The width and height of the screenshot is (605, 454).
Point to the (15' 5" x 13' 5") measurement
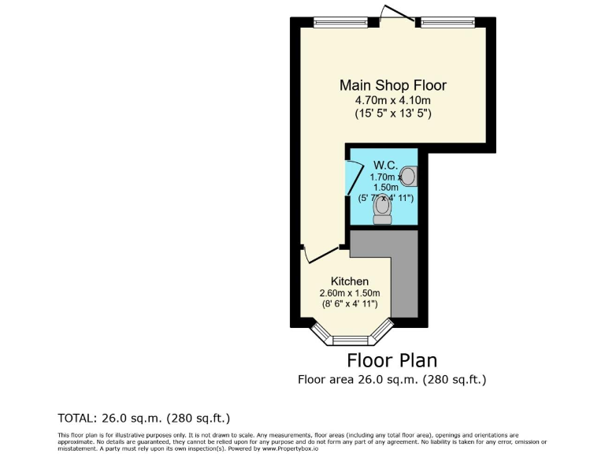[392, 114]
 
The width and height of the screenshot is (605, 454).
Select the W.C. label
[384, 165]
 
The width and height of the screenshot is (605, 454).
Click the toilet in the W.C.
[382, 210]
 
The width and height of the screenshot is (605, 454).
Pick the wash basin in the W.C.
[409, 176]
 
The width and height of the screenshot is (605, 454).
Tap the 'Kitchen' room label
[349, 281]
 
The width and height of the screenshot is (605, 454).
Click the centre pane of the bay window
[353, 341]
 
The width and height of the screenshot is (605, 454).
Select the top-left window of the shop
[335, 22]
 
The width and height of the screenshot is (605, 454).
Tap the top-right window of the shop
[447, 22]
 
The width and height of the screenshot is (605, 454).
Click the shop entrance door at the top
[391, 14]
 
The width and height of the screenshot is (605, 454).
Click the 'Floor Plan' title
[392, 361]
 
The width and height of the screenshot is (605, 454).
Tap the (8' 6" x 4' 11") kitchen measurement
[349, 304]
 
